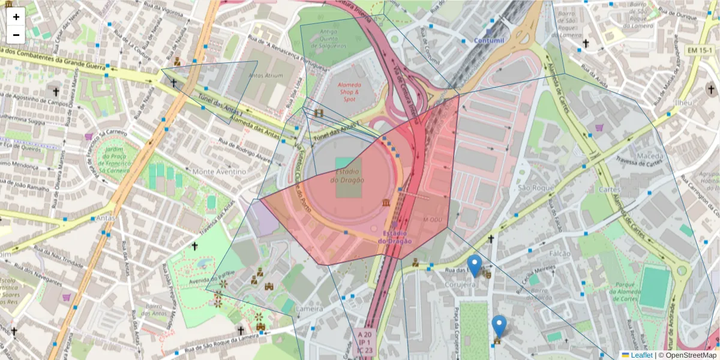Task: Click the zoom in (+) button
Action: pos(16,17)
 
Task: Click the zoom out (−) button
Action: pos(16,35)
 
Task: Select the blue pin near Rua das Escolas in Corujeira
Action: pos(475,266)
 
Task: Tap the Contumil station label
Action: pos(489,40)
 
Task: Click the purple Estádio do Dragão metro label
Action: pos(395,237)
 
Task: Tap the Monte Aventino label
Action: pos(220,172)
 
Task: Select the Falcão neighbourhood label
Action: pos(560,254)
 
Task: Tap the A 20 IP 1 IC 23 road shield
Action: pos(365,342)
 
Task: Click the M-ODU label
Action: pos(433,219)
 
